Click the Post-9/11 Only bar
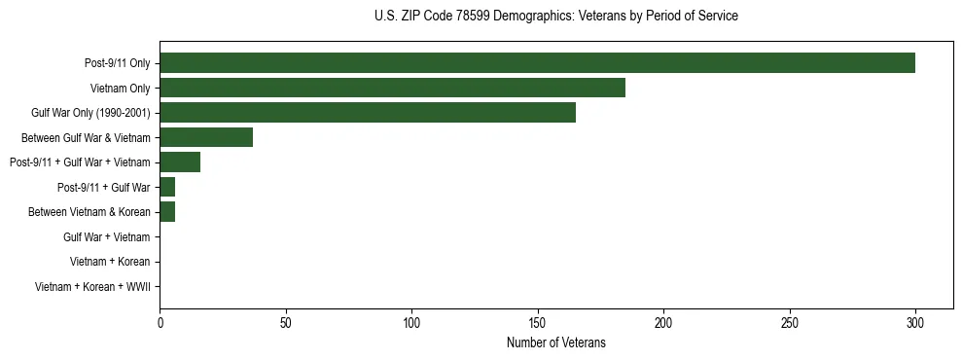(x=537, y=63)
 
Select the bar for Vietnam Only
(x=392, y=88)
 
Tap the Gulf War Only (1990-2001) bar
(x=368, y=113)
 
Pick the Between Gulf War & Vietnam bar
(x=206, y=137)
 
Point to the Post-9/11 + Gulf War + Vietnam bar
(x=180, y=162)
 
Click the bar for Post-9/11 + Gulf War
(x=167, y=187)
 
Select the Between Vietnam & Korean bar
(x=167, y=212)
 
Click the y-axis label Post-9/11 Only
(x=117, y=63)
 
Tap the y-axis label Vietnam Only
(x=121, y=89)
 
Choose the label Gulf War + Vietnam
(x=106, y=237)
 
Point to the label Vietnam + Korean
(x=110, y=262)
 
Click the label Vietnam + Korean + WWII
(x=91, y=287)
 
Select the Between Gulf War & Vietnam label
(x=86, y=138)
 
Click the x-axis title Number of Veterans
(x=555, y=342)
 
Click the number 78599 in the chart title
(x=492, y=17)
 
